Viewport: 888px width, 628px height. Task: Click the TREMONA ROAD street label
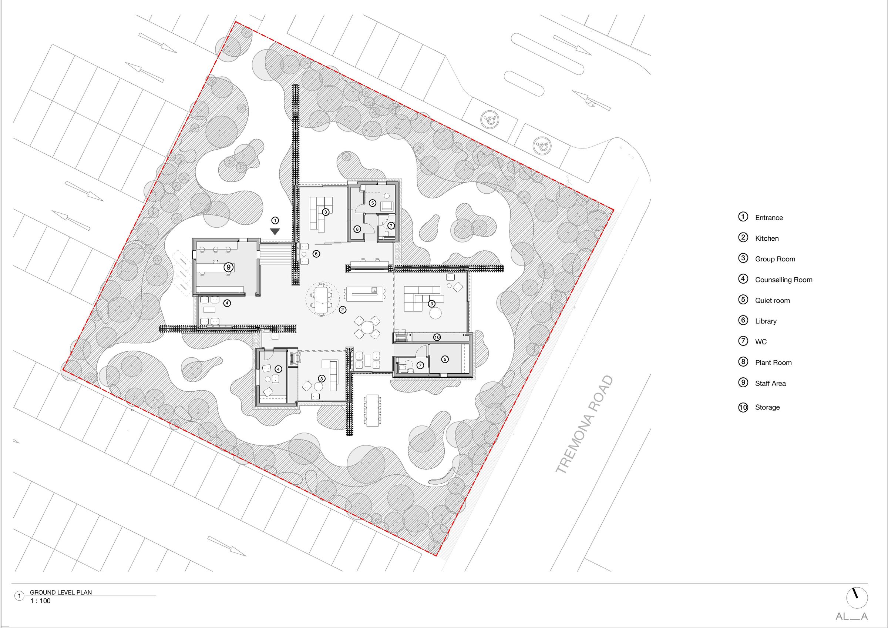584,424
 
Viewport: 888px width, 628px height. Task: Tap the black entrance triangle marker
275,232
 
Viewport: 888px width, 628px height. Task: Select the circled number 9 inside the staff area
229,267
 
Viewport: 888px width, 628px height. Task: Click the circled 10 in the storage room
437,337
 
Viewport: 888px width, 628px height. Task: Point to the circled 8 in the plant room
357,229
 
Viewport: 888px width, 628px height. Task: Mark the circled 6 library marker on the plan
316,254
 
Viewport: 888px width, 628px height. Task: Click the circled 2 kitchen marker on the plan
342,310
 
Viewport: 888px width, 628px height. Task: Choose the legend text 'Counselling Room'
784,280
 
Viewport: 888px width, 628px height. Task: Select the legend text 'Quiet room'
772,301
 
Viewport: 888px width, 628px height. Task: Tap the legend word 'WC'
761,342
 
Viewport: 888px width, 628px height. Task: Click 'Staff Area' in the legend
770,384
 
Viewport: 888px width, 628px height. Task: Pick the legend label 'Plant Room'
773,363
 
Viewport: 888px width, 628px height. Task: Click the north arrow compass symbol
857,597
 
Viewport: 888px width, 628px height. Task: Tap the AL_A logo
852,617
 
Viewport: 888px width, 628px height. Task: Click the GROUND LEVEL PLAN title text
61,592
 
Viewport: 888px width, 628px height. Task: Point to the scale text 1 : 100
41,601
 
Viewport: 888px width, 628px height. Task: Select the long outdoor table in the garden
373,410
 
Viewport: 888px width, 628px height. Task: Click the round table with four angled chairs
367,327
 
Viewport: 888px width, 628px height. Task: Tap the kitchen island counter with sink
365,294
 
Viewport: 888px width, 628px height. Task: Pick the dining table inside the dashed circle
322,298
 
